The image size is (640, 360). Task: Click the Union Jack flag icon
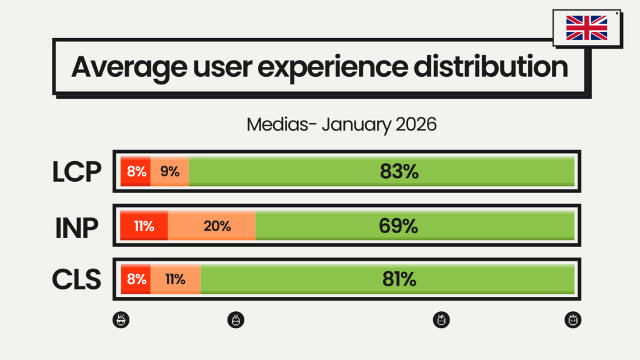[586, 28]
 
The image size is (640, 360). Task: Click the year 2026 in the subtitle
[416, 124]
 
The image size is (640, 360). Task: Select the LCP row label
[76, 172]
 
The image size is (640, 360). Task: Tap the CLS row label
[76, 279]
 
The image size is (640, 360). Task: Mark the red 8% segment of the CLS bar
[136, 279]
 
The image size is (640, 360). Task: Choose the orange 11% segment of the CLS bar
[175, 279]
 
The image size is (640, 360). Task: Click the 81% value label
[399, 279]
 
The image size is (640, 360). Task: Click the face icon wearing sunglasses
[121, 320]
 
